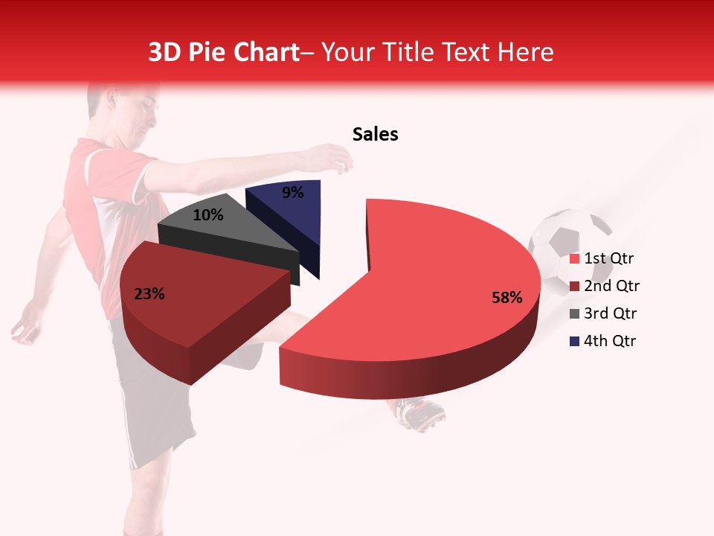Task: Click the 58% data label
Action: click(507, 298)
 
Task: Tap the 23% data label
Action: click(149, 294)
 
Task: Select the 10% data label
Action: click(208, 215)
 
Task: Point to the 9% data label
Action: click(293, 193)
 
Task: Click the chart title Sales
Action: click(376, 134)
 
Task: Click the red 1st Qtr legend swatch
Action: click(574, 259)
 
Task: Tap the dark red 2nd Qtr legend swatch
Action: click(574, 287)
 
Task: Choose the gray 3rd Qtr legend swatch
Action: click(574, 313)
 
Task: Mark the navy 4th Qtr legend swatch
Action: click(574, 341)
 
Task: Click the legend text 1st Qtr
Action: click(609, 259)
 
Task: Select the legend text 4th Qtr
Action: click(610, 341)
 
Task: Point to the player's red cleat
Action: click(420, 413)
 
